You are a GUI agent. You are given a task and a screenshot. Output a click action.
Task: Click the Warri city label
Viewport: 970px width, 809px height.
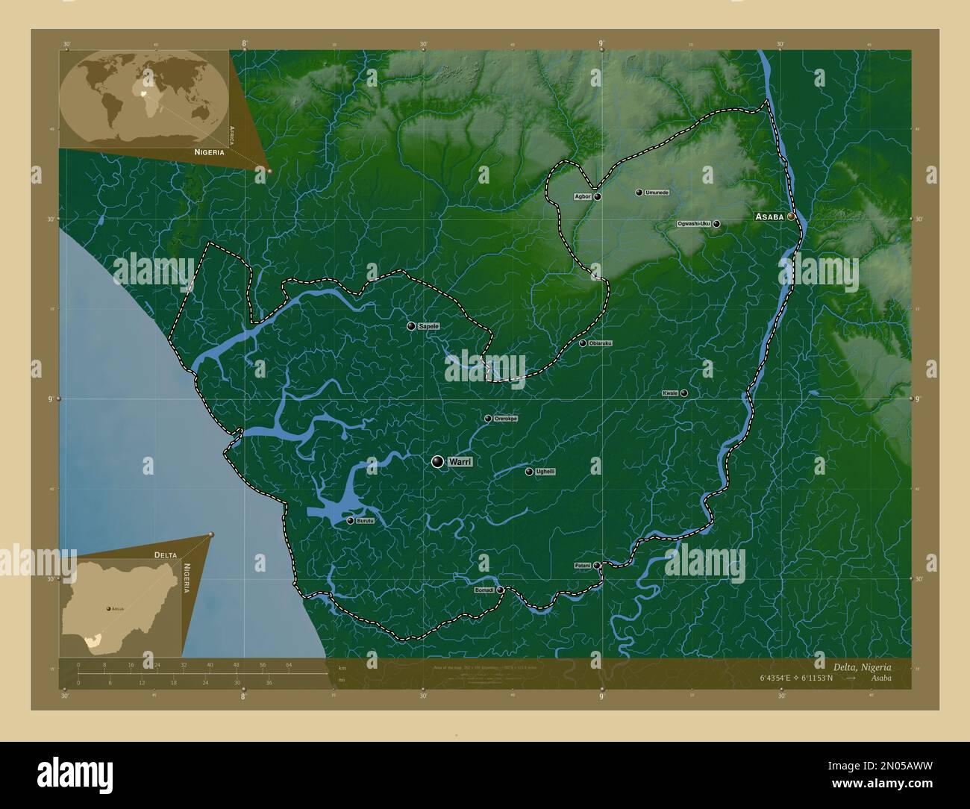[x=460, y=463]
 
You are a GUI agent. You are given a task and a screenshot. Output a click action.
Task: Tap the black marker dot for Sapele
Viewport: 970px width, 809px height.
[x=410, y=326]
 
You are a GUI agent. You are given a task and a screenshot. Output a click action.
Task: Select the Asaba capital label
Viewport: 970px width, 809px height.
[x=769, y=216]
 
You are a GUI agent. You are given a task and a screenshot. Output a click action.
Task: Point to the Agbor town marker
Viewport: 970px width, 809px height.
[x=597, y=197]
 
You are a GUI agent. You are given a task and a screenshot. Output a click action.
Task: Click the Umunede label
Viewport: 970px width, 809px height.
[x=657, y=193]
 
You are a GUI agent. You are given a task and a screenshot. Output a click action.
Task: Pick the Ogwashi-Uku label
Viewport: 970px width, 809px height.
[x=694, y=224]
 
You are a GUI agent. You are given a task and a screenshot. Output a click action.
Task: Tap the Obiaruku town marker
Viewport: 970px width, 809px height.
[x=583, y=343]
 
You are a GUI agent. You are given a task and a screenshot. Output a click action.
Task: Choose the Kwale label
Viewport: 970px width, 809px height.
[x=670, y=393]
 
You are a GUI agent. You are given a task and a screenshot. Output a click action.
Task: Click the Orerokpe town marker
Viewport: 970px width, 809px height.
[x=488, y=419]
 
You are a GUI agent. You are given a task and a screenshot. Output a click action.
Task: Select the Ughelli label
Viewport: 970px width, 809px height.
[x=545, y=472]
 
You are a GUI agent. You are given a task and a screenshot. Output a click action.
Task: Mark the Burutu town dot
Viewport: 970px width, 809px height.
[x=350, y=521]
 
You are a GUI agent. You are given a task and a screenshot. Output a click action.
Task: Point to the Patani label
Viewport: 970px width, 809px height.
[x=583, y=566]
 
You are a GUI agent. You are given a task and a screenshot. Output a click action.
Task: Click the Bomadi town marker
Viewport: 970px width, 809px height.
[x=501, y=590]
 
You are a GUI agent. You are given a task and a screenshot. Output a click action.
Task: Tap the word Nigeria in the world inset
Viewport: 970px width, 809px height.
[x=209, y=152]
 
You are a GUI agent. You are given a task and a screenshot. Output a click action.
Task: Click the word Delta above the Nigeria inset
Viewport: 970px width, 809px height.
[x=166, y=555]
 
